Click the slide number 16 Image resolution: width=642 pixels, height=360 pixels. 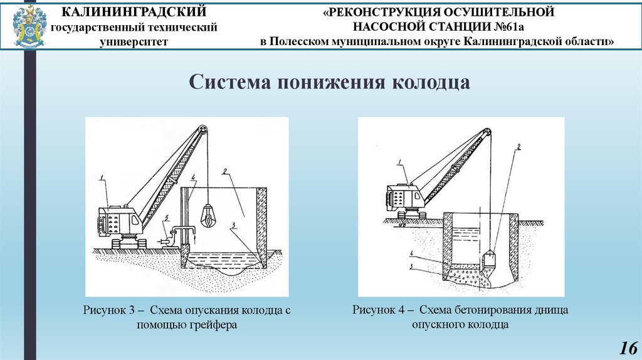pyautogui.click(x=628, y=347)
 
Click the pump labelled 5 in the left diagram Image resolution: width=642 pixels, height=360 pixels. pyautogui.click(x=164, y=239)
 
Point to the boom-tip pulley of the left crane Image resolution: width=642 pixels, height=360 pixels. pyautogui.click(x=203, y=130)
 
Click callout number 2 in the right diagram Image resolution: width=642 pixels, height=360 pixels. pyautogui.click(x=518, y=148)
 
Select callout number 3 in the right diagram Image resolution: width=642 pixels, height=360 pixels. pyautogui.click(x=411, y=266)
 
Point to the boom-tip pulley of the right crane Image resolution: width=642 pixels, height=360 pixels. pyautogui.click(x=485, y=132)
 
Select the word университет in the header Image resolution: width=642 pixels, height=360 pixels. pyautogui.click(x=134, y=41)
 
